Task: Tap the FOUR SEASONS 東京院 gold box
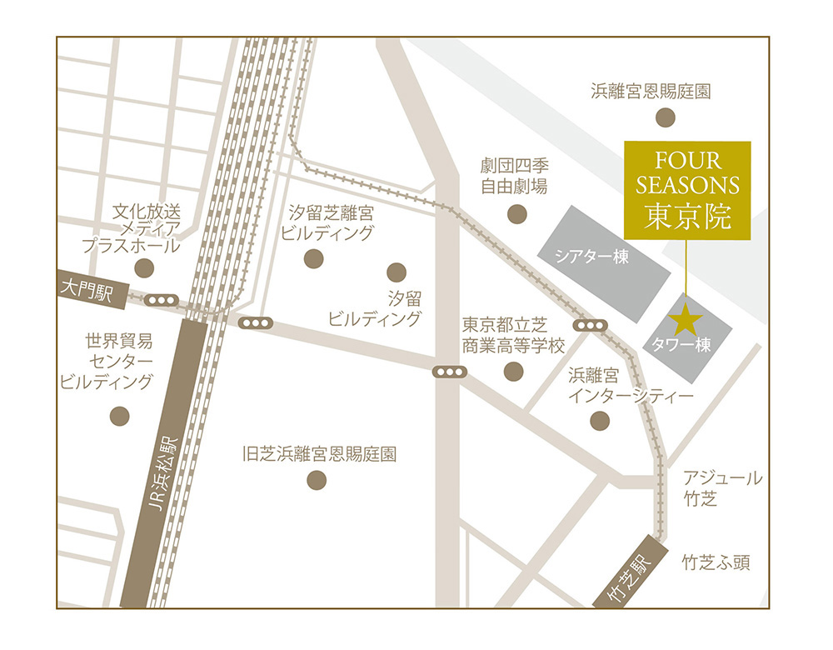687,190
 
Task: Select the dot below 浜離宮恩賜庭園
664,117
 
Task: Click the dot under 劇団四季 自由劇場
517,215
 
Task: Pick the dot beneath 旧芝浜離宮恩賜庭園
317,480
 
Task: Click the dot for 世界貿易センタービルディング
120,415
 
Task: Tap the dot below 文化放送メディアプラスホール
145,267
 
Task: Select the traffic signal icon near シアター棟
591,325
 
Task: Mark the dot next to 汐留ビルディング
397,272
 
